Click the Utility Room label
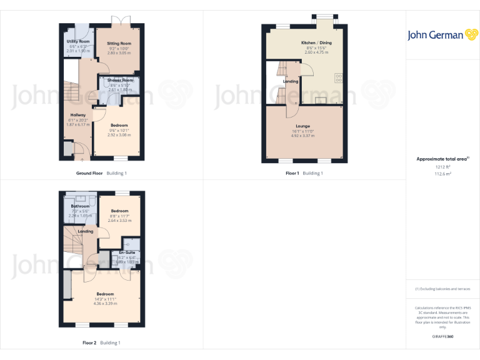[78, 41]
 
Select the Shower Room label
[120, 81]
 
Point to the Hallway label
[78, 115]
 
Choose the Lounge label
[303, 126]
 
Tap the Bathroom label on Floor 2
[80, 206]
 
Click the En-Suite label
[127, 252]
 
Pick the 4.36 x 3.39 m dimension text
[105, 304]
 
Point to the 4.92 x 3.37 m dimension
[303, 136]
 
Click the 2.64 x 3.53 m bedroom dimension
[119, 221]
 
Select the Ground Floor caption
[89, 173]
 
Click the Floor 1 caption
[292, 173]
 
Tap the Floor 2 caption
[89, 343]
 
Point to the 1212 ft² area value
[442, 167]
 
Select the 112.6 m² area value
[442, 174]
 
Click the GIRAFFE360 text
[442, 337]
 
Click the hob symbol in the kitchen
[339, 78]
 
